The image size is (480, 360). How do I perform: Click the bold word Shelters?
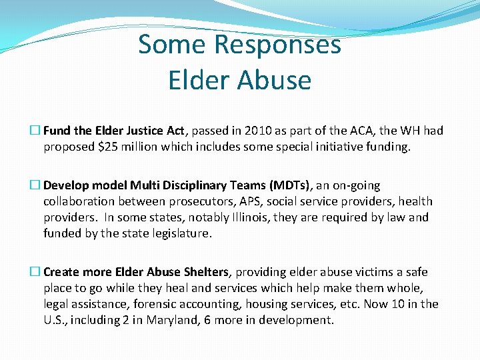pos(203,272)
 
